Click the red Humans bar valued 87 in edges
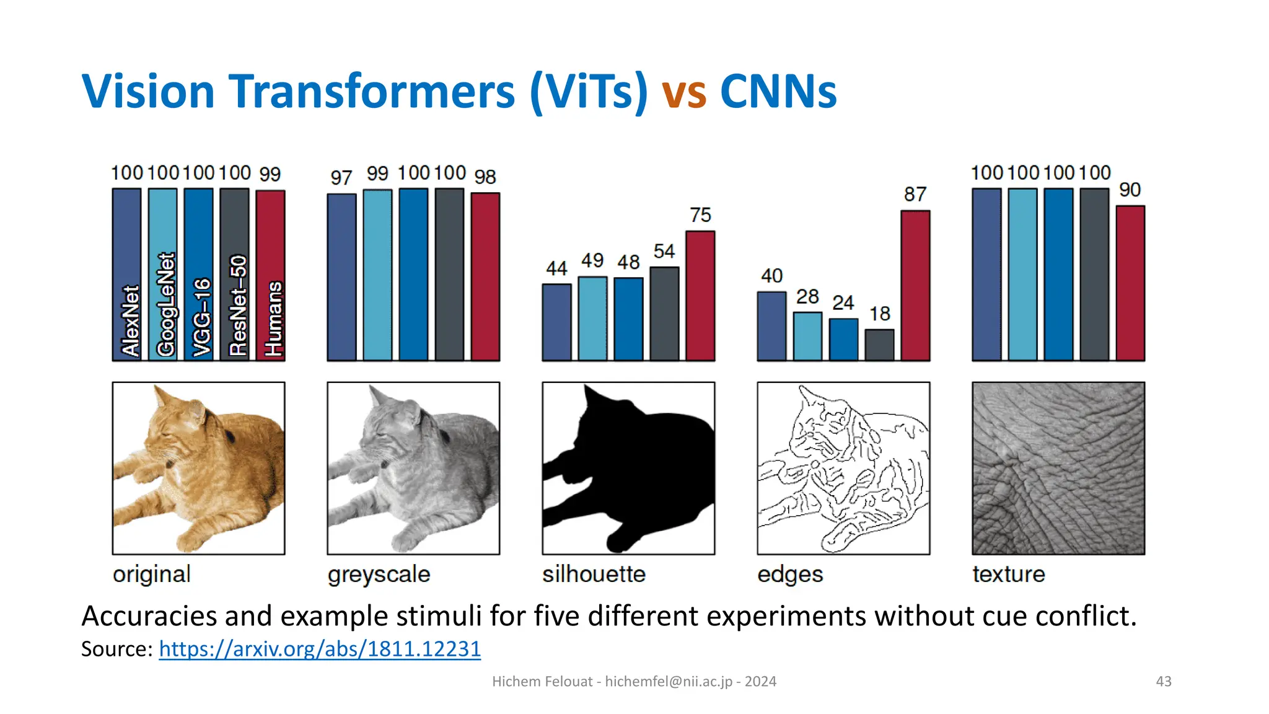[915, 285]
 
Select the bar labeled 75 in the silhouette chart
[700, 296]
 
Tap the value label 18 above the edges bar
[879, 314]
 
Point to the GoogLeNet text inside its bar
[166, 304]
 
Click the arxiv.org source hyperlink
[320, 649]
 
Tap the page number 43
[1164, 681]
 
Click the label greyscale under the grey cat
[379, 575]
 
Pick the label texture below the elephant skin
[1009, 575]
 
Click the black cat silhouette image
[628, 468]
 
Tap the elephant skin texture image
[1058, 468]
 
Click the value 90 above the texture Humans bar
[1130, 190]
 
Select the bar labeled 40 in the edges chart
[771, 326]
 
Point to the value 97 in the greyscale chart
[341, 178]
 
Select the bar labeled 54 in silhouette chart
[664, 314]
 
